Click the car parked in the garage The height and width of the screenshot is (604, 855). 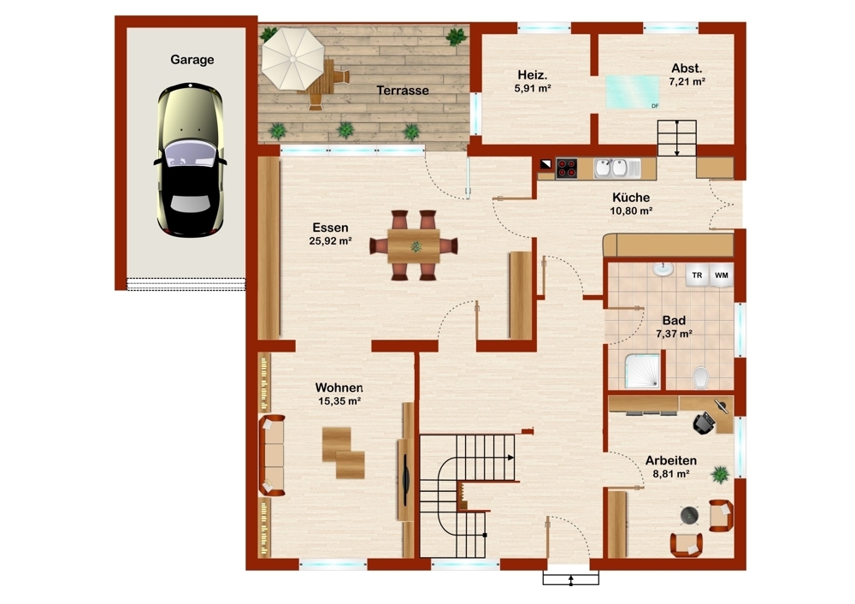click(x=191, y=159)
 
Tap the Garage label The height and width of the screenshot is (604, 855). click(x=192, y=60)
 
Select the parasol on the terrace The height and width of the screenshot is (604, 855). click(x=292, y=58)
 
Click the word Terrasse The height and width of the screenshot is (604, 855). click(x=403, y=91)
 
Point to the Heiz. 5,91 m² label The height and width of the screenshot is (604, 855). click(x=533, y=80)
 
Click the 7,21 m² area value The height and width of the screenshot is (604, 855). click(x=687, y=82)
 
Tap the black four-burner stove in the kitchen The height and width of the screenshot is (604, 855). click(x=567, y=169)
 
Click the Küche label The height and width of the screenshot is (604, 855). click(x=631, y=197)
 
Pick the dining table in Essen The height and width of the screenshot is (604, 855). click(x=414, y=246)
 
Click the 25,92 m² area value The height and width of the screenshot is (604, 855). click(x=330, y=240)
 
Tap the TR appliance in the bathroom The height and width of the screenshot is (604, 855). click(x=697, y=275)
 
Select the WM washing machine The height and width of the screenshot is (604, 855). click(x=722, y=275)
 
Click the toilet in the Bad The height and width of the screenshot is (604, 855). click(x=701, y=377)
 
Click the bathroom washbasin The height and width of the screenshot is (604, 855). click(x=663, y=269)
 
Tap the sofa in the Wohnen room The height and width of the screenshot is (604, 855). click(x=272, y=456)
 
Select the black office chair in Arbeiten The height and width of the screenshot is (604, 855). click(x=704, y=423)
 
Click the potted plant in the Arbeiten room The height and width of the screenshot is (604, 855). click(x=720, y=475)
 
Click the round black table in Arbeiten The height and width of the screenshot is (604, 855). click(x=690, y=515)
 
